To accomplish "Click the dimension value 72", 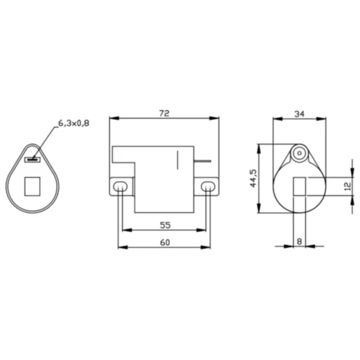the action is coord(164,114).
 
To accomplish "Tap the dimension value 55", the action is coord(165,225).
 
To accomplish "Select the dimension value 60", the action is coord(165,242).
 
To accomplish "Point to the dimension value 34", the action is coord(299,114).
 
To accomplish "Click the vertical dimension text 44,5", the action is coord(253,179).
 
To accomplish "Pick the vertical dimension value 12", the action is coord(348,186).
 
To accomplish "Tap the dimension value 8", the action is coord(299,242).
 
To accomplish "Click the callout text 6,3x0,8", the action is coord(73,123).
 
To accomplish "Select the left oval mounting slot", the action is coord(120,186).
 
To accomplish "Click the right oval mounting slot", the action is coord(208,186).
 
